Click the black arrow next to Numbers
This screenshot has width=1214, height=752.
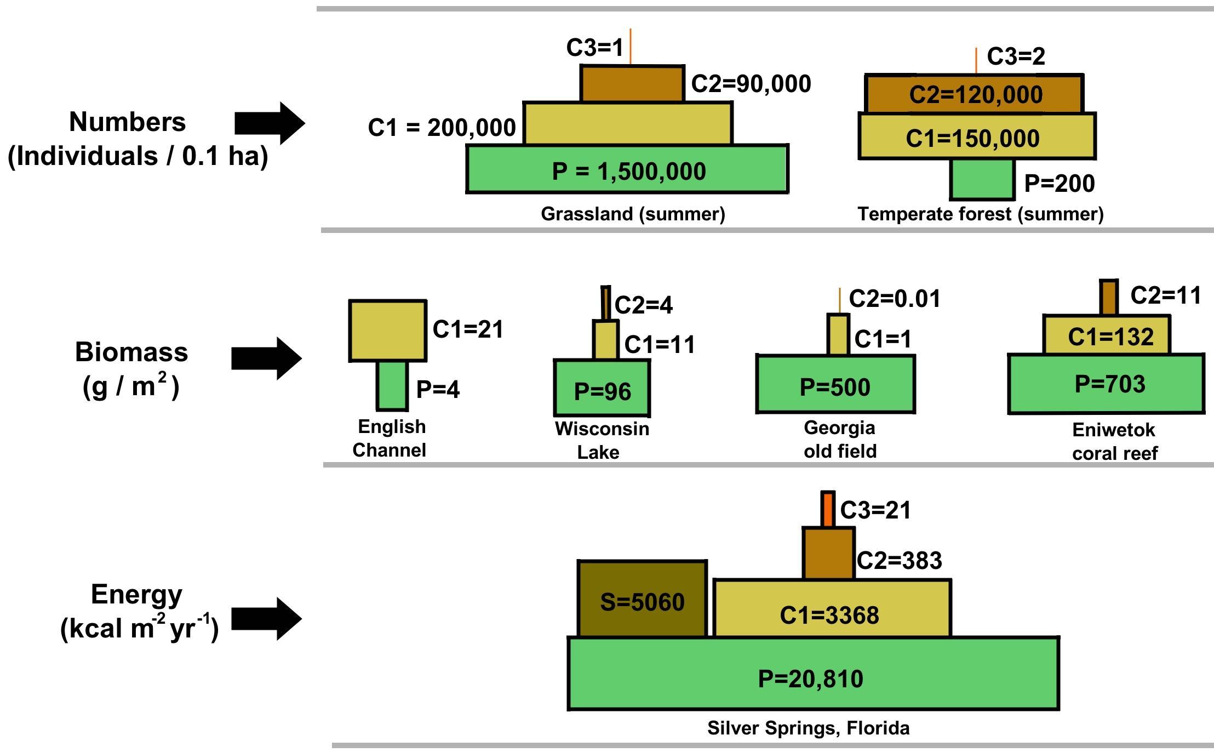click(269, 123)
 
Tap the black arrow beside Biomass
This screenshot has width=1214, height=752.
click(266, 358)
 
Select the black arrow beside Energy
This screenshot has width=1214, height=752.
click(266, 619)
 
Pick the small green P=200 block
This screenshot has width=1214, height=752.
click(982, 179)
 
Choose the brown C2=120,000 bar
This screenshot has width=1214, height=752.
click(974, 94)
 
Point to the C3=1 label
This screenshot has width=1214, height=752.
click(595, 48)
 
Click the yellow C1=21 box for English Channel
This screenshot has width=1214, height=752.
click(388, 331)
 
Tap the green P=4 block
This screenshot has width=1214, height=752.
click(392, 386)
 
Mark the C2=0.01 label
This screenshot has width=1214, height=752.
click(895, 299)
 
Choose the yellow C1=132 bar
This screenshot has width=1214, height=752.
click(1107, 335)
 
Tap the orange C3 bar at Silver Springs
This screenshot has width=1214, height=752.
click(828, 509)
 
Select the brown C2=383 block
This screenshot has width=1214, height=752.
click(828, 554)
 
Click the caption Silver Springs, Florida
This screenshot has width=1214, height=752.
click(809, 728)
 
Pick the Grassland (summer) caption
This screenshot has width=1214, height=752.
click(633, 214)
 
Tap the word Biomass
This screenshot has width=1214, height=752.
click(131, 352)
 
